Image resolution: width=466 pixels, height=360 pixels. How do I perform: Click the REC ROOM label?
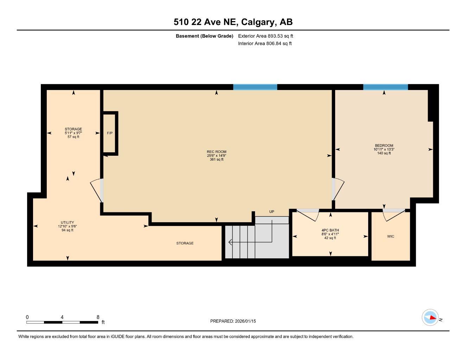click(216, 152)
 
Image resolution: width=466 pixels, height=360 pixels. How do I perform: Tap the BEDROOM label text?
click(384, 146)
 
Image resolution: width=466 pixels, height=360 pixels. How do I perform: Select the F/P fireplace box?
click(110, 133)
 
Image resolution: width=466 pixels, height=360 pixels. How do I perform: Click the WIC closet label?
click(390, 236)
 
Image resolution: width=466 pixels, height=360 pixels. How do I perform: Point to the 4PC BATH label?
click(330, 230)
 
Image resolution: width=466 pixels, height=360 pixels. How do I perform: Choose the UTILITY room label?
click(67, 223)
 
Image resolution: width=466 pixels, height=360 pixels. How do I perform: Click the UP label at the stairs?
click(272, 212)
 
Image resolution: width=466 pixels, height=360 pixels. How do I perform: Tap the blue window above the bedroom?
click(385, 87)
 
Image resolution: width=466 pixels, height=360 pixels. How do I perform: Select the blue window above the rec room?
click(255, 87)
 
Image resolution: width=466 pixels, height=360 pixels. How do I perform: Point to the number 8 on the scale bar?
click(98, 317)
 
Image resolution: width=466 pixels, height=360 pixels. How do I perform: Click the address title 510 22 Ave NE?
click(233, 22)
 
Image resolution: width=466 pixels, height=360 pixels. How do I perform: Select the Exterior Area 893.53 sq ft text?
click(266, 36)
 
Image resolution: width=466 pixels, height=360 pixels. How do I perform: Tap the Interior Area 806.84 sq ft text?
click(265, 44)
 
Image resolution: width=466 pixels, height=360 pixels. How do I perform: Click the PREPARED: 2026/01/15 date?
click(233, 321)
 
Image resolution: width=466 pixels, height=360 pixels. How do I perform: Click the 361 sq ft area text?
click(216, 160)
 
